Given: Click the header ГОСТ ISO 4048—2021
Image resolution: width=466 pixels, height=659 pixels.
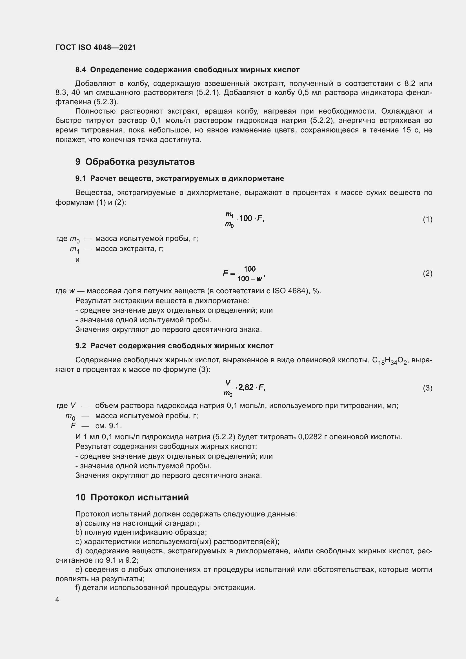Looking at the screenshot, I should (x=96, y=47).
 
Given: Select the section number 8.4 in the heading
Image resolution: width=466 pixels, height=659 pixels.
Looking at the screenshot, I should (x=80, y=70).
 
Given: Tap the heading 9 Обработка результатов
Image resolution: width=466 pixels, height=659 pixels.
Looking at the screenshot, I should (x=135, y=162).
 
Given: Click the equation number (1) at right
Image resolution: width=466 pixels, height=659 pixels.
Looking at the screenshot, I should (x=427, y=219).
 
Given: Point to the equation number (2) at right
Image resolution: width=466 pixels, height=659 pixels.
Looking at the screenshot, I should (x=427, y=273).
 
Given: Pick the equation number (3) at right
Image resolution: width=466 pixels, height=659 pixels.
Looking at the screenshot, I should (x=427, y=388).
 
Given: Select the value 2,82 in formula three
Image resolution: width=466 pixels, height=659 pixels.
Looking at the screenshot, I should (x=246, y=387).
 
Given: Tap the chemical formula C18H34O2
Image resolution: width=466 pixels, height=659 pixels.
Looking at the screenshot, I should (x=389, y=361).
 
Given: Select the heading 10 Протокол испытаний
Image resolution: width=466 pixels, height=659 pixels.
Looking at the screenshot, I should (x=132, y=497).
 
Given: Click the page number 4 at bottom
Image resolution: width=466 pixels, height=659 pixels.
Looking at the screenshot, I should (x=57, y=600).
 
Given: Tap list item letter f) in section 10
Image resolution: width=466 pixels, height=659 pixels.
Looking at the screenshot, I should (x=78, y=587).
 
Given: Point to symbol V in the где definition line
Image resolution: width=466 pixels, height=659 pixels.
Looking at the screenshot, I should (x=73, y=405).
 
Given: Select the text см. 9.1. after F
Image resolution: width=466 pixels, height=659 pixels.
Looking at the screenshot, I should (x=108, y=426).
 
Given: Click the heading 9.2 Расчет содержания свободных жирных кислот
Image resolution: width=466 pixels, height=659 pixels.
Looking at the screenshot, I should (x=174, y=346).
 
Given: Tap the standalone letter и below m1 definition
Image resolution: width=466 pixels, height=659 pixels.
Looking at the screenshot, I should (x=77, y=260).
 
